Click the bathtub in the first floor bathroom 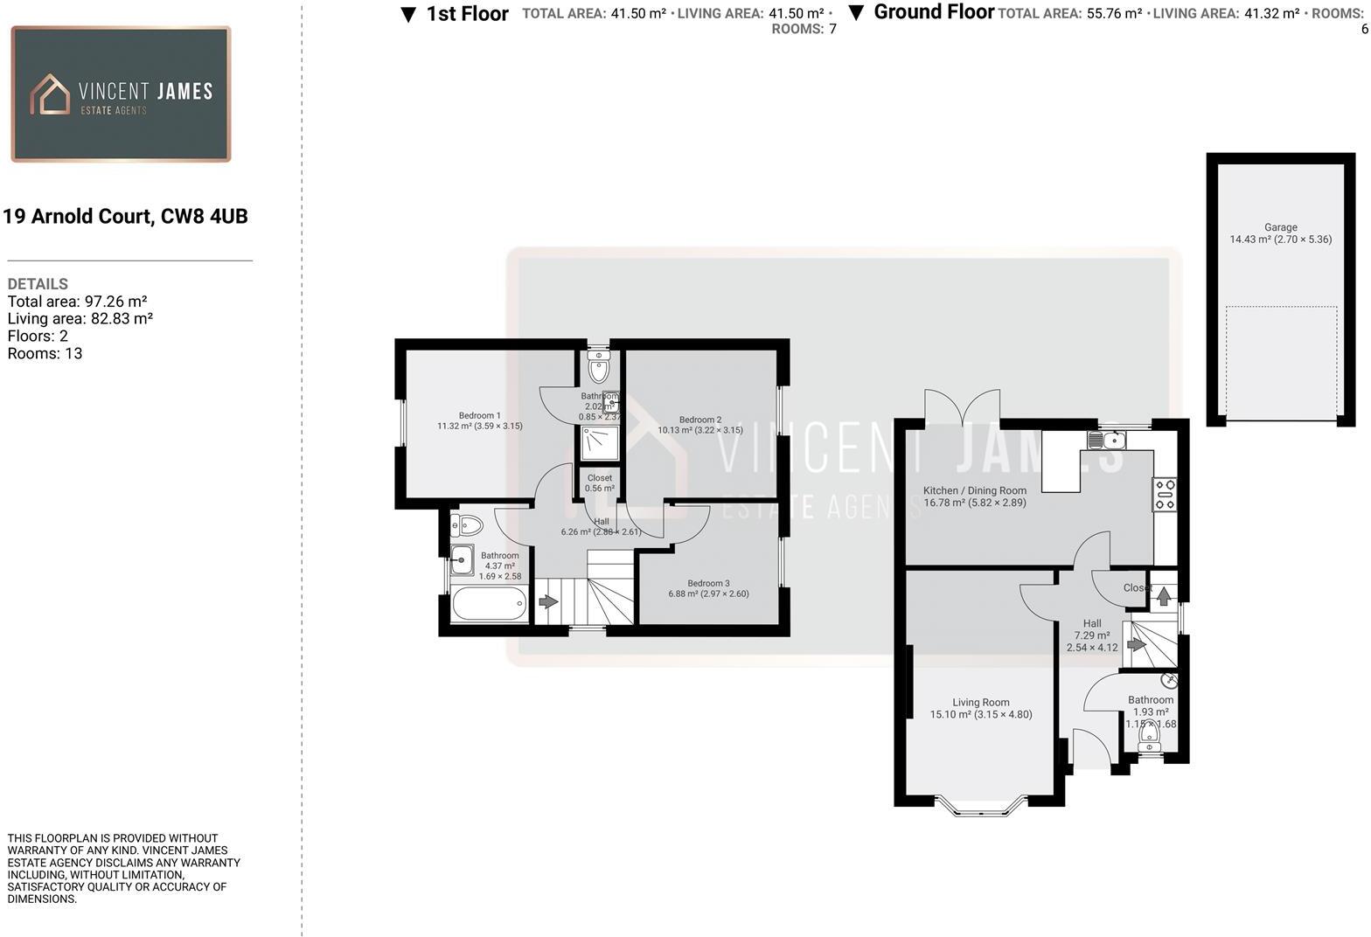(x=489, y=603)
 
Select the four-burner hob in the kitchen (x=1164, y=494)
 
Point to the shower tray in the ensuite (x=600, y=442)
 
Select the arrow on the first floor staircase (x=548, y=602)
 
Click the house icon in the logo (x=50, y=94)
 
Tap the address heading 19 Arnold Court (x=126, y=217)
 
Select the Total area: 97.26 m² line (x=77, y=302)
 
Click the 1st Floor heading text (x=467, y=14)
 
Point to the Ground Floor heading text (x=933, y=12)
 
